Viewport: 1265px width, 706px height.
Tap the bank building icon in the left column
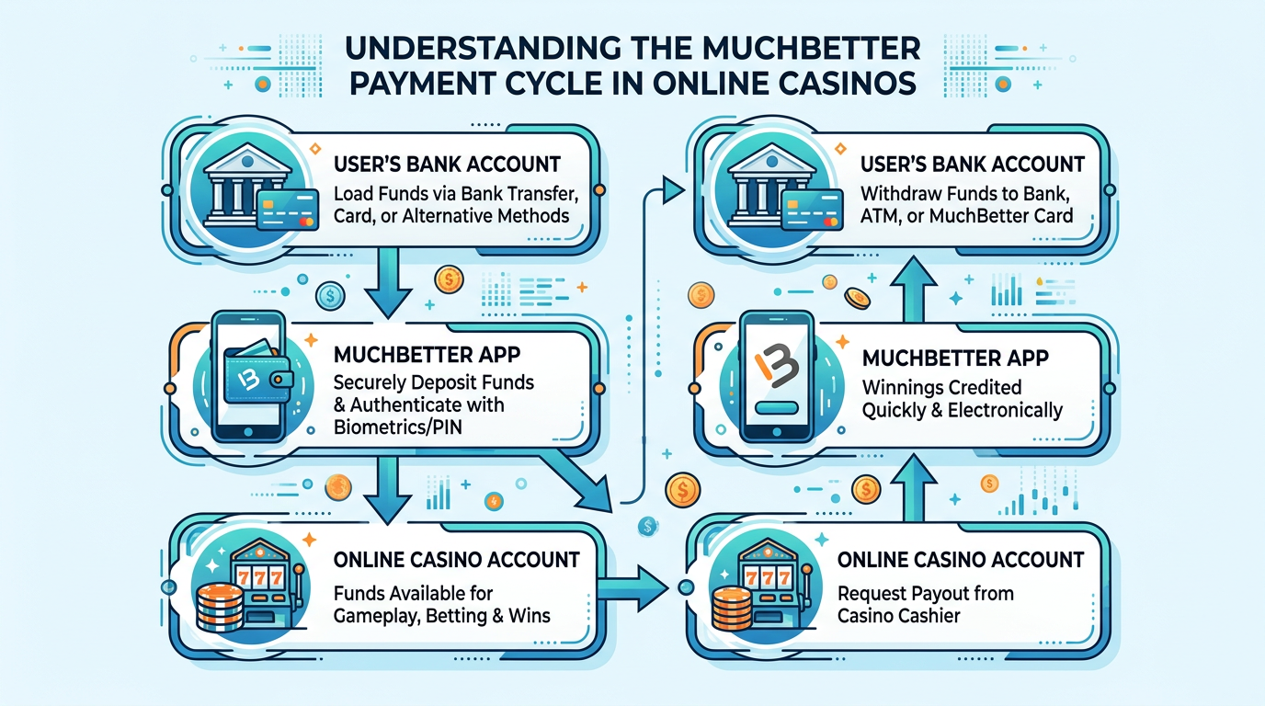pyautogui.click(x=236, y=191)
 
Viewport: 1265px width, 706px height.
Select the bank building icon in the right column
pyautogui.click(x=764, y=191)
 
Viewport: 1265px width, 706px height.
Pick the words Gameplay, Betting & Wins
pyautogui.click(x=442, y=615)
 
